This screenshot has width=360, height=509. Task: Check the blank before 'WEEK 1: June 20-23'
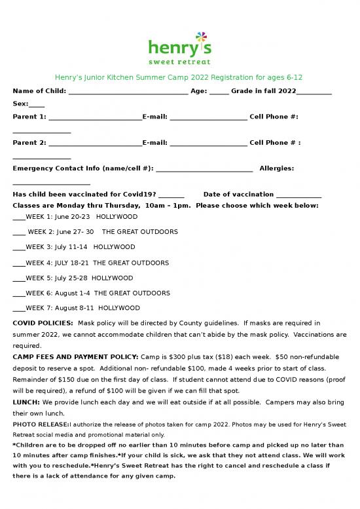18,217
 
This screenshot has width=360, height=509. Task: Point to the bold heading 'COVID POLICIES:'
43,324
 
